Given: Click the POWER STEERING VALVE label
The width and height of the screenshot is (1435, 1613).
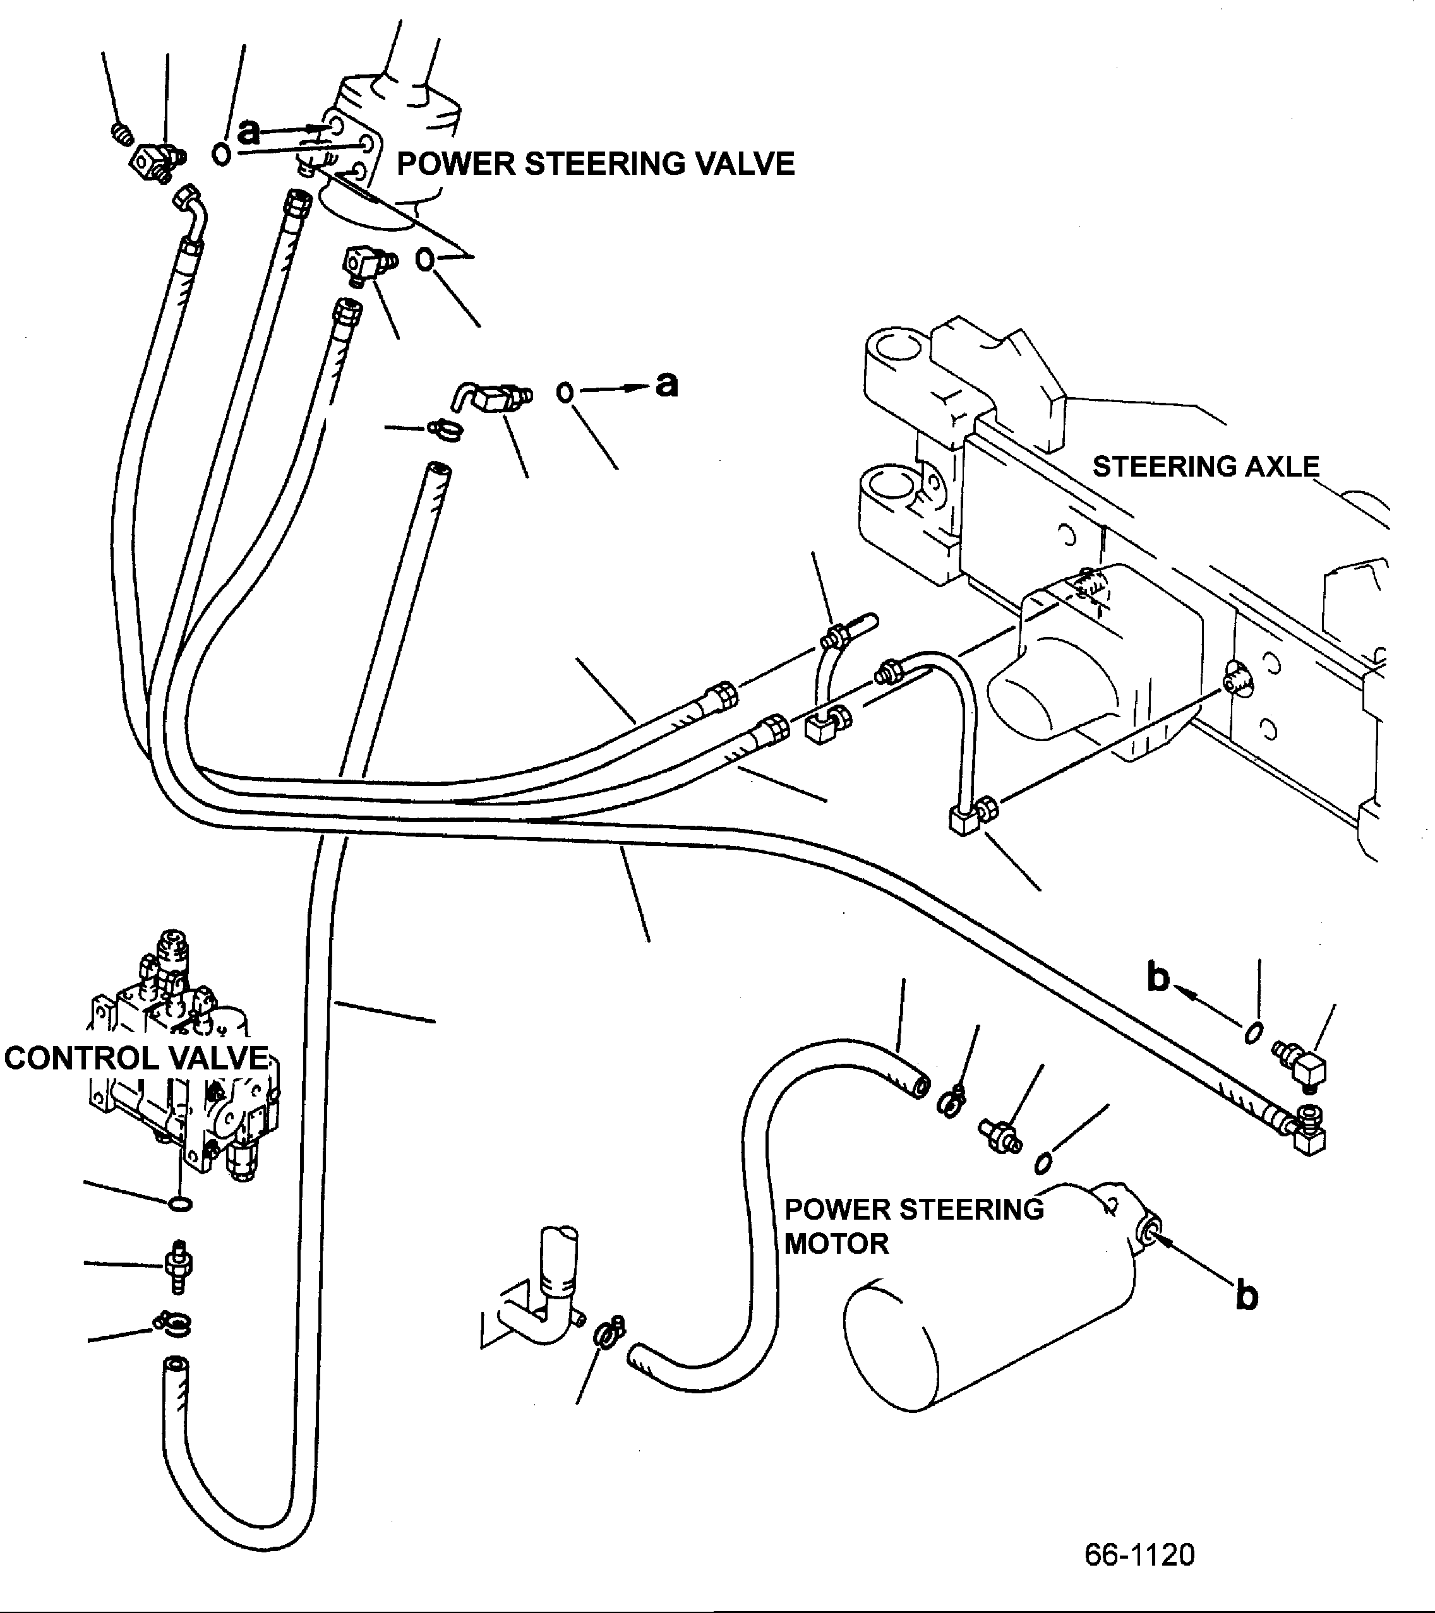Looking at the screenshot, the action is point(595,164).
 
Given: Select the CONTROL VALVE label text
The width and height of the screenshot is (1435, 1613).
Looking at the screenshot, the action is point(136,1057).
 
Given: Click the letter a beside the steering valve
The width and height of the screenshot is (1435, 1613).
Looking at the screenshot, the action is point(249,131).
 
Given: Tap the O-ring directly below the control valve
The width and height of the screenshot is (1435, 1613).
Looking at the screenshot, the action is point(180,1203).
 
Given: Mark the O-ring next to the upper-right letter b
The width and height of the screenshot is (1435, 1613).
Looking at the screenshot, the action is point(1252,1033).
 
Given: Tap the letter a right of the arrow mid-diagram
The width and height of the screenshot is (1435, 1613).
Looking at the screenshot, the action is point(667,385).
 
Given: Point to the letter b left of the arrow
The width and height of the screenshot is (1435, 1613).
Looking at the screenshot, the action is point(1158,979).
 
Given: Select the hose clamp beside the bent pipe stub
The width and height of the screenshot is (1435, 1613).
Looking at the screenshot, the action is point(610,1333).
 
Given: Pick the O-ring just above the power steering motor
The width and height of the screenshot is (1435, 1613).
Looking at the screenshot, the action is point(1042,1162).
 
